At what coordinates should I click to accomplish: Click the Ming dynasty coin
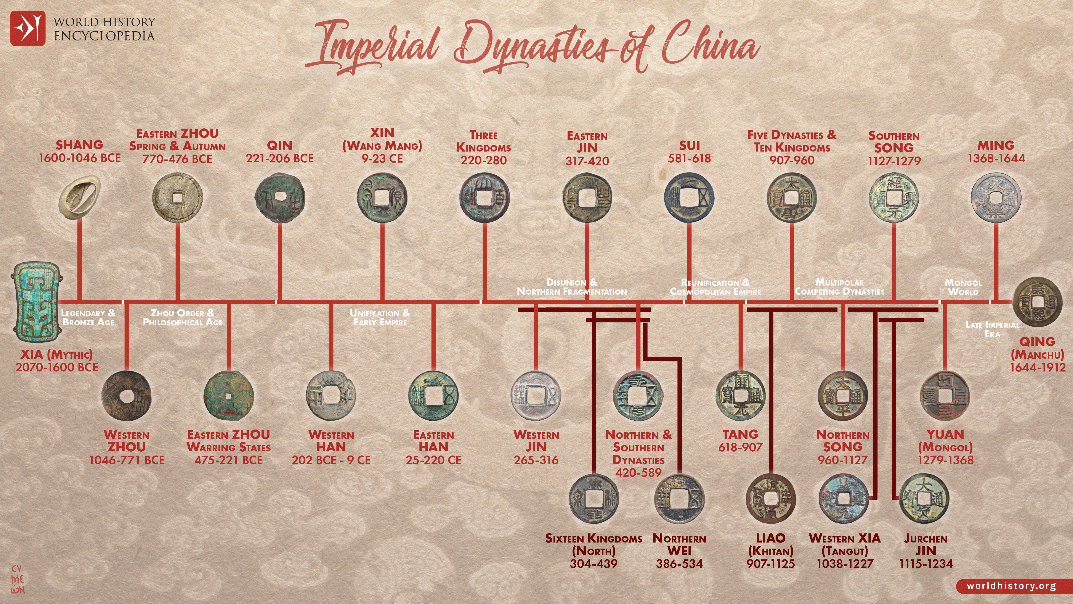996,198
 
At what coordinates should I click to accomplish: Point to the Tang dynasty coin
740,395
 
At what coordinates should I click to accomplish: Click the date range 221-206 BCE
279,158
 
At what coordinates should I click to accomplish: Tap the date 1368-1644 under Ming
996,158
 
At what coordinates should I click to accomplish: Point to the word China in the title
710,46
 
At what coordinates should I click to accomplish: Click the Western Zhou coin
127,395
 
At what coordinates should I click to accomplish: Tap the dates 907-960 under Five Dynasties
791,160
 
